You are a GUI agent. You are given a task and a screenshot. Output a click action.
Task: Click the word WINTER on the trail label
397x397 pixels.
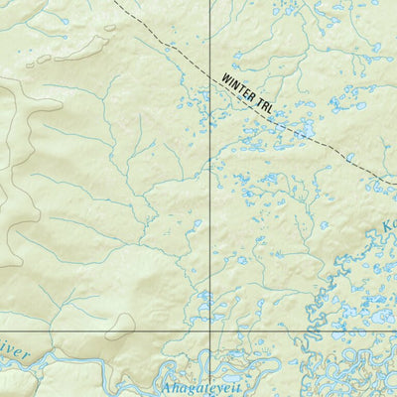[241, 86]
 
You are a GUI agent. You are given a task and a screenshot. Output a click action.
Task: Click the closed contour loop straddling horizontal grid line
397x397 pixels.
[121, 323]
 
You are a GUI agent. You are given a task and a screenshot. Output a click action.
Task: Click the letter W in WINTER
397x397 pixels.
[226, 78]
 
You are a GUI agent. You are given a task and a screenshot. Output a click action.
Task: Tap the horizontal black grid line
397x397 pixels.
[99, 330]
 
